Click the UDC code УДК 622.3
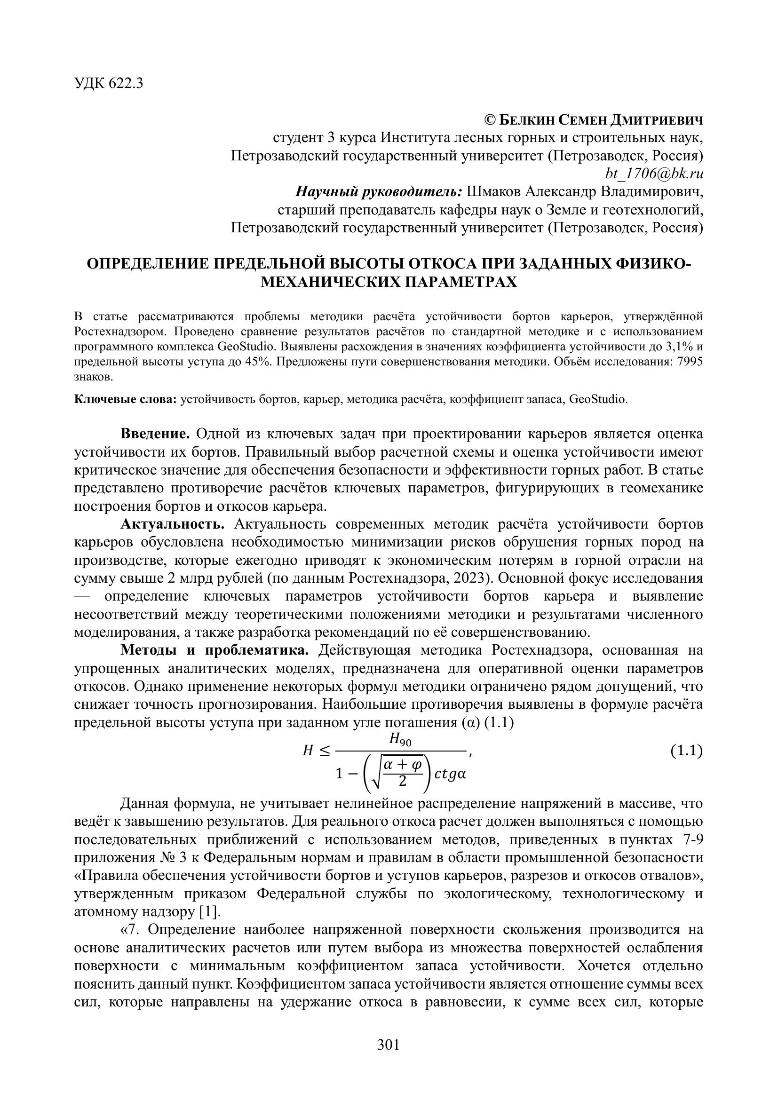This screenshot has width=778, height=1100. pos(109,83)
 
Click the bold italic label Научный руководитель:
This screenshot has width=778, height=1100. pos(379,191)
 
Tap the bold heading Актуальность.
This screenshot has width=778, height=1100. pos(173,524)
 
